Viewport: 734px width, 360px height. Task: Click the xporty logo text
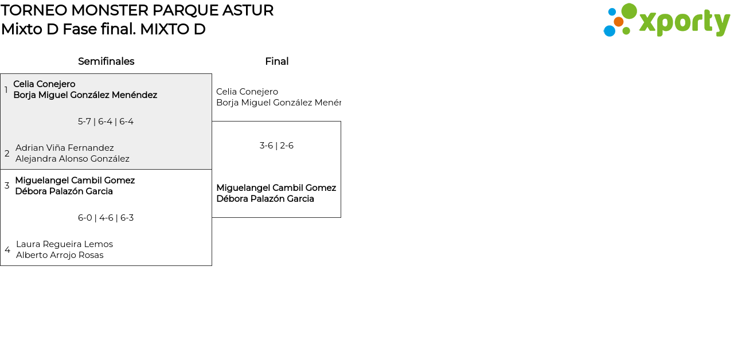(685, 22)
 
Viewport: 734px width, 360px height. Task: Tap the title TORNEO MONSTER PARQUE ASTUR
(137, 10)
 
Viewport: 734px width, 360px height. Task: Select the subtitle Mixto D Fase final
(68, 29)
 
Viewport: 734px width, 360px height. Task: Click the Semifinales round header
(106, 61)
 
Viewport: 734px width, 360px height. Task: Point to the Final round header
(277, 61)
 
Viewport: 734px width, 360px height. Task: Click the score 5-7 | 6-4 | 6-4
(106, 122)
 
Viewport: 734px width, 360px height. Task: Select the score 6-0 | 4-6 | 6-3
(106, 218)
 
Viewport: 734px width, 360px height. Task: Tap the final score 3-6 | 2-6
(276, 146)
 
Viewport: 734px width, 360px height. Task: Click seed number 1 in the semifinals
(6, 90)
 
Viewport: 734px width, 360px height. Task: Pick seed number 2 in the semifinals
(7, 153)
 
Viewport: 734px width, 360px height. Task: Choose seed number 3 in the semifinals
(7, 186)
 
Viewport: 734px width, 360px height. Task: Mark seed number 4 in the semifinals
(7, 250)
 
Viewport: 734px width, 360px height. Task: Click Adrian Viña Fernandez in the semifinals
(65, 148)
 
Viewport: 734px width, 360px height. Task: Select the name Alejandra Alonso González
(72, 159)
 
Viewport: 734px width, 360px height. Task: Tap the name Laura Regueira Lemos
(65, 244)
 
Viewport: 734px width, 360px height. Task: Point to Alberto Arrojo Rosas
(60, 255)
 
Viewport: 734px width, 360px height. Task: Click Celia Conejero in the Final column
(247, 92)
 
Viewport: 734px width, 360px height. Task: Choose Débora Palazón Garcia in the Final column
(265, 199)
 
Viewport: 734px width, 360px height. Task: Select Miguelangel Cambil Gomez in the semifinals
(75, 181)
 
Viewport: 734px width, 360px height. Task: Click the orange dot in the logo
(619, 22)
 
